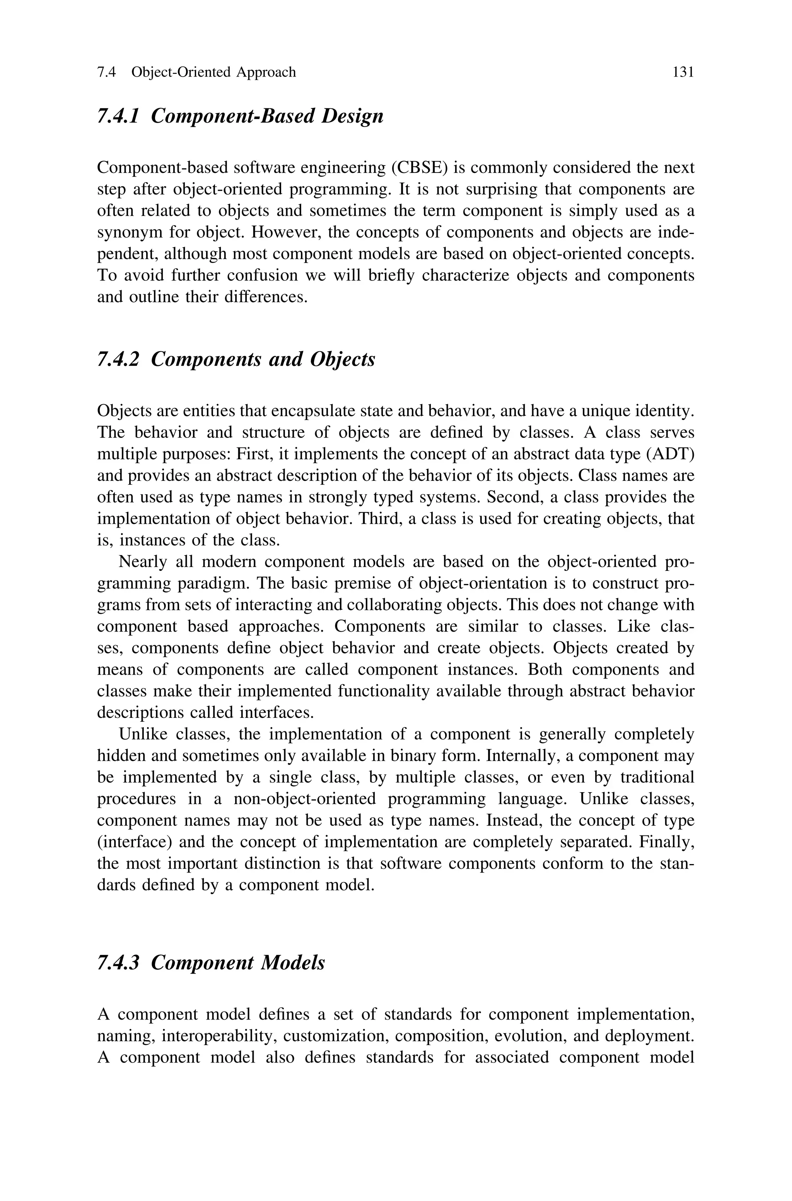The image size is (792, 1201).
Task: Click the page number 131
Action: [683, 73]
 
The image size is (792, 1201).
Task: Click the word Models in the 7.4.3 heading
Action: [293, 963]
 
